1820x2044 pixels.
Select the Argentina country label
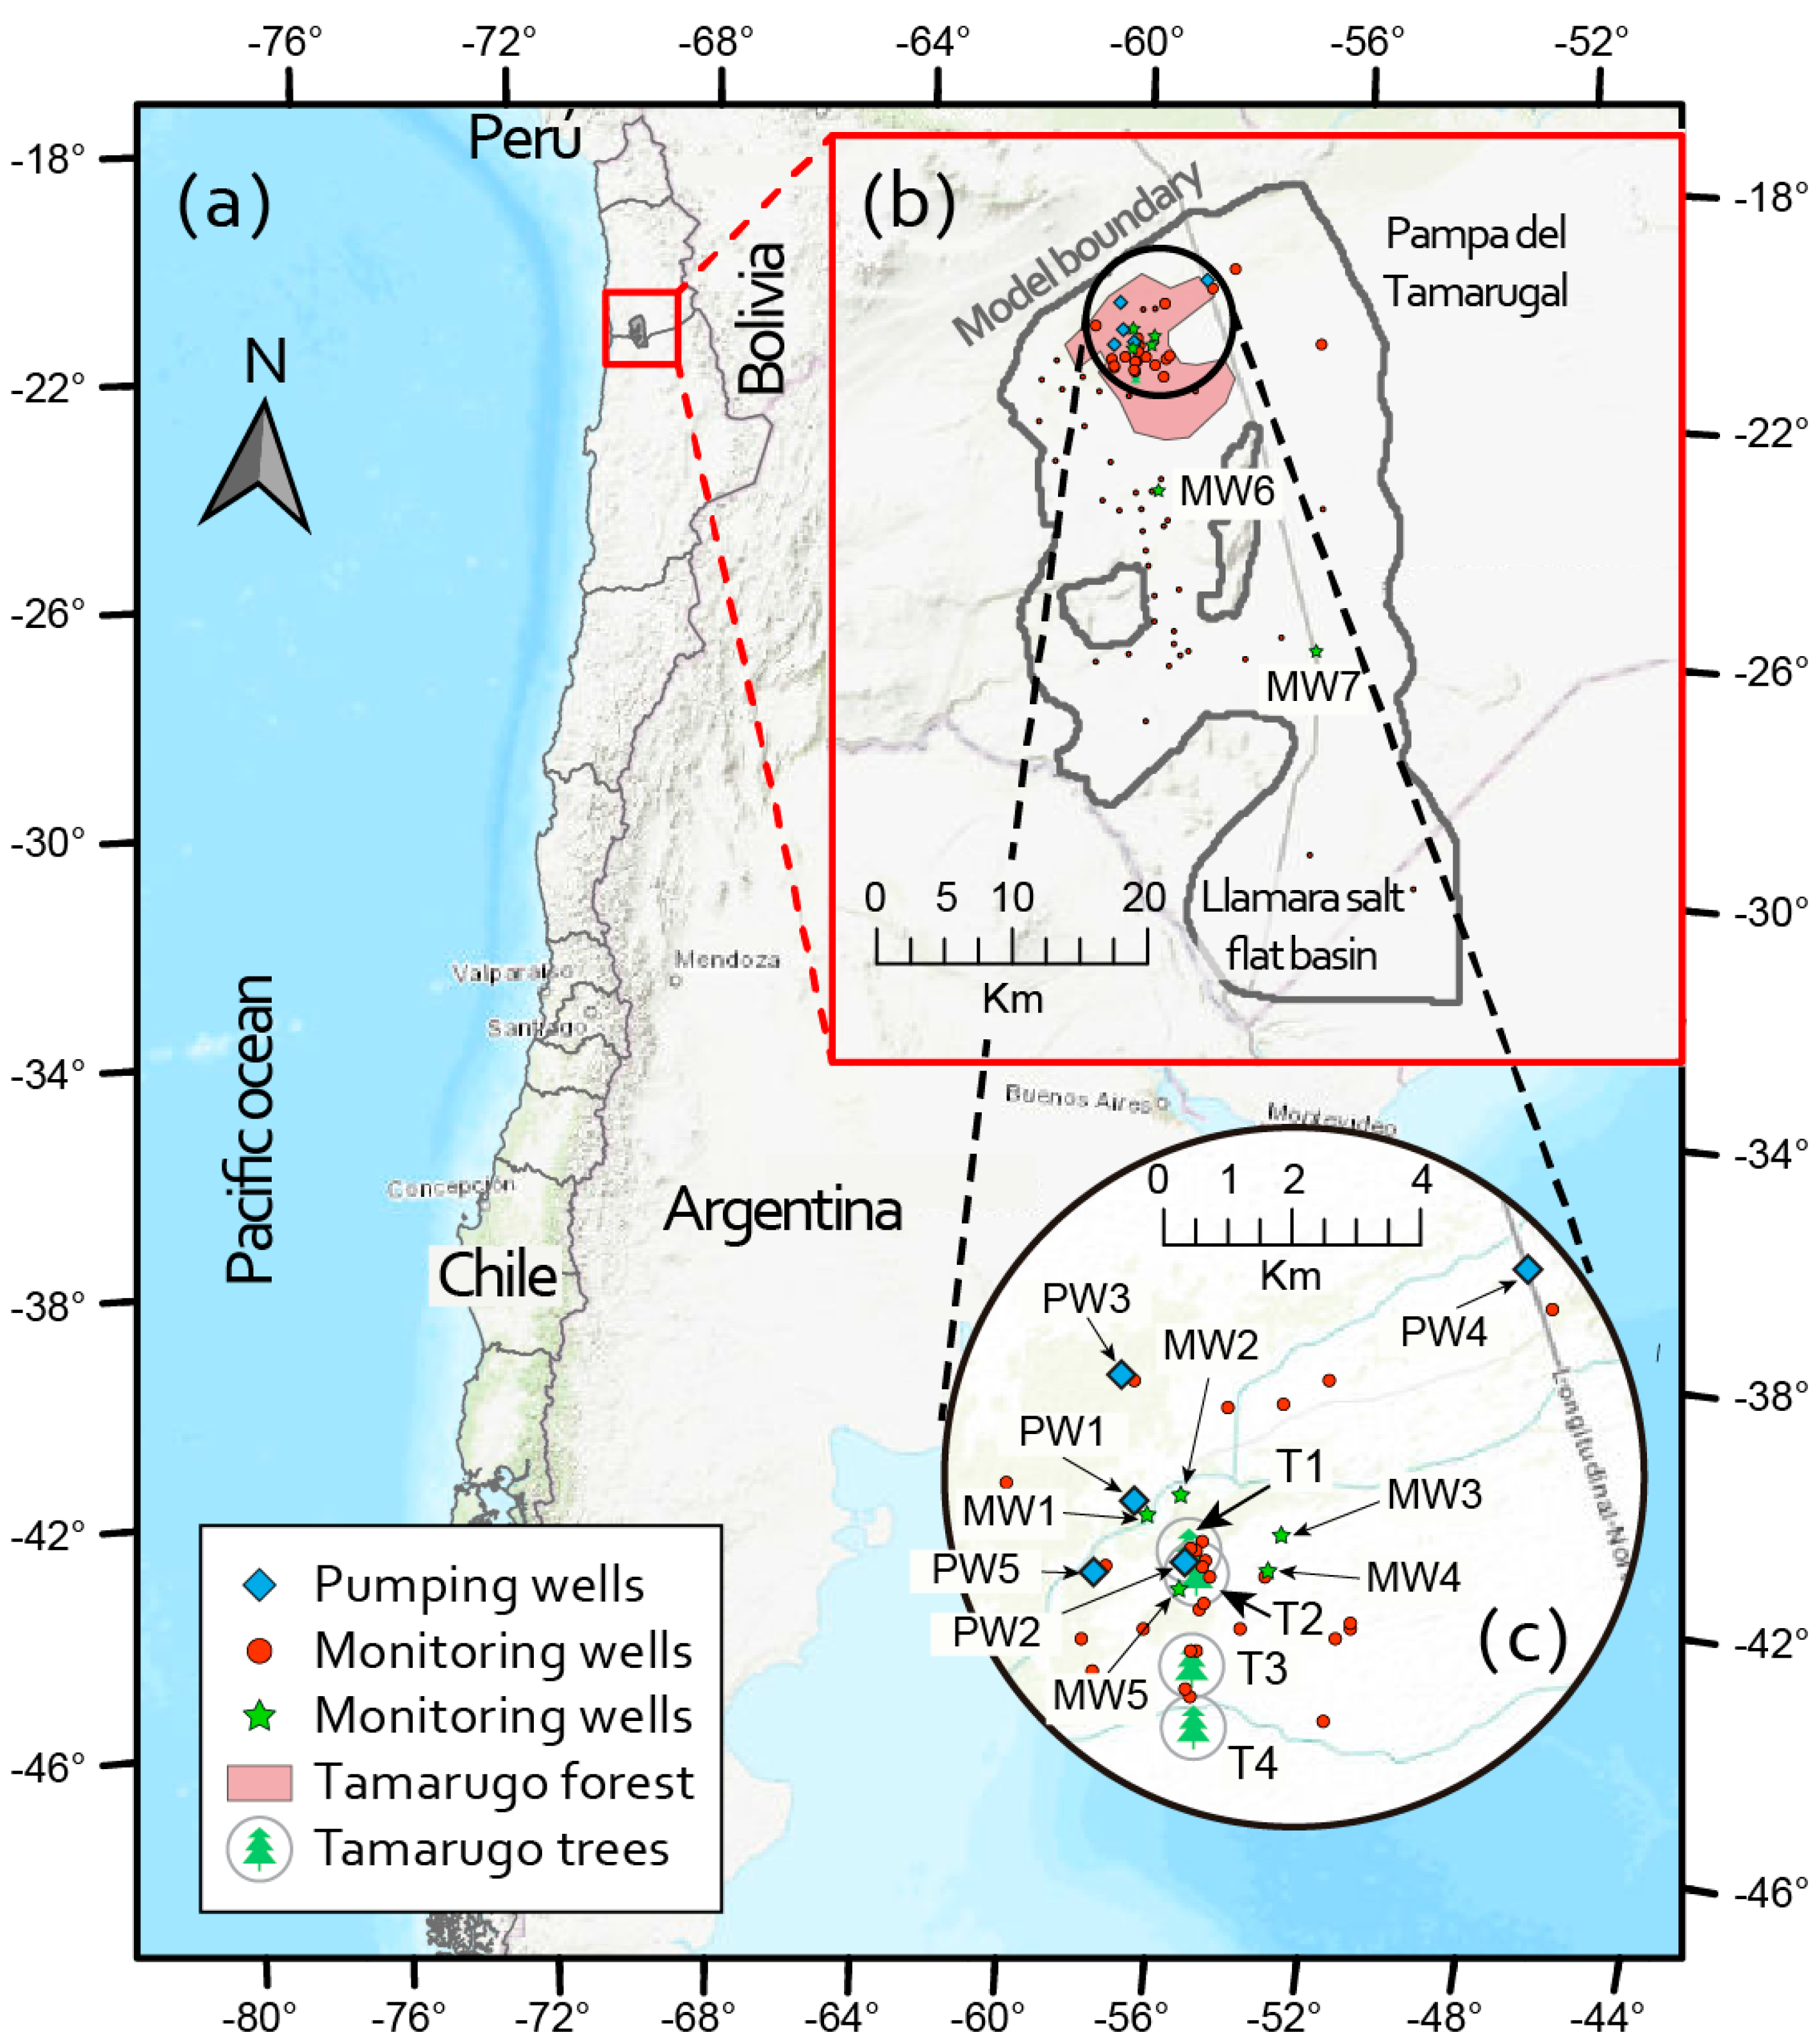click(783, 1209)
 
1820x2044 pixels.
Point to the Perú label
click(524, 137)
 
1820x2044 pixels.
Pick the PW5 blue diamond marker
click(1093, 1572)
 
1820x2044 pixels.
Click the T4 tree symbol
click(1192, 1726)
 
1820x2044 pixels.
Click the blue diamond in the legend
click(260, 1585)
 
